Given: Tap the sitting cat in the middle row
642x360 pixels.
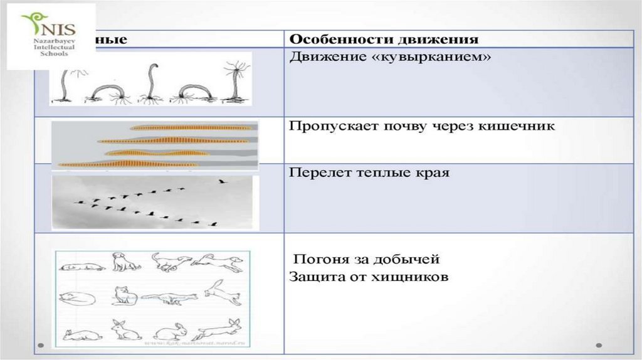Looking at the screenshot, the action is [125, 295].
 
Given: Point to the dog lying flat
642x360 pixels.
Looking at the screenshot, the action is [82, 267].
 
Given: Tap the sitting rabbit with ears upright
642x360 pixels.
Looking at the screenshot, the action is [124, 330].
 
